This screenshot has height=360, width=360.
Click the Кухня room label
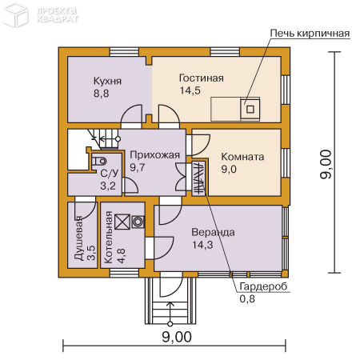click(x=107, y=81)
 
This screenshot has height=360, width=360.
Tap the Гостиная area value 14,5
click(x=190, y=90)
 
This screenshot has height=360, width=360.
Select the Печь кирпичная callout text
click(x=310, y=34)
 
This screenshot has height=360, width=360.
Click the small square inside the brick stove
click(x=250, y=109)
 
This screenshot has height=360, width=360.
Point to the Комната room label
click(x=242, y=157)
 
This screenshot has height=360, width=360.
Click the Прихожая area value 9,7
click(x=138, y=167)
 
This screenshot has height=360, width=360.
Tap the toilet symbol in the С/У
click(x=99, y=161)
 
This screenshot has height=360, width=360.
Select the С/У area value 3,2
click(x=108, y=186)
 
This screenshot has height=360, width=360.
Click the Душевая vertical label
click(x=78, y=238)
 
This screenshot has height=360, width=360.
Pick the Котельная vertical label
click(x=109, y=238)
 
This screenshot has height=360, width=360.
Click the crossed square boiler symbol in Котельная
click(x=122, y=222)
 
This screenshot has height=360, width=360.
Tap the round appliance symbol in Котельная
click(x=138, y=222)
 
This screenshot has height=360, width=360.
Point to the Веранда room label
click(x=213, y=232)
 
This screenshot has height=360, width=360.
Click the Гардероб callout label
click(x=263, y=286)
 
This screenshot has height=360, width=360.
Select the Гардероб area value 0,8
click(x=247, y=299)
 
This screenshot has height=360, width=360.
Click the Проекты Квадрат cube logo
click(x=16, y=16)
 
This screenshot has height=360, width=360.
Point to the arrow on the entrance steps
click(x=170, y=314)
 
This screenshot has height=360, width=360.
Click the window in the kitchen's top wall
click(x=124, y=52)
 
